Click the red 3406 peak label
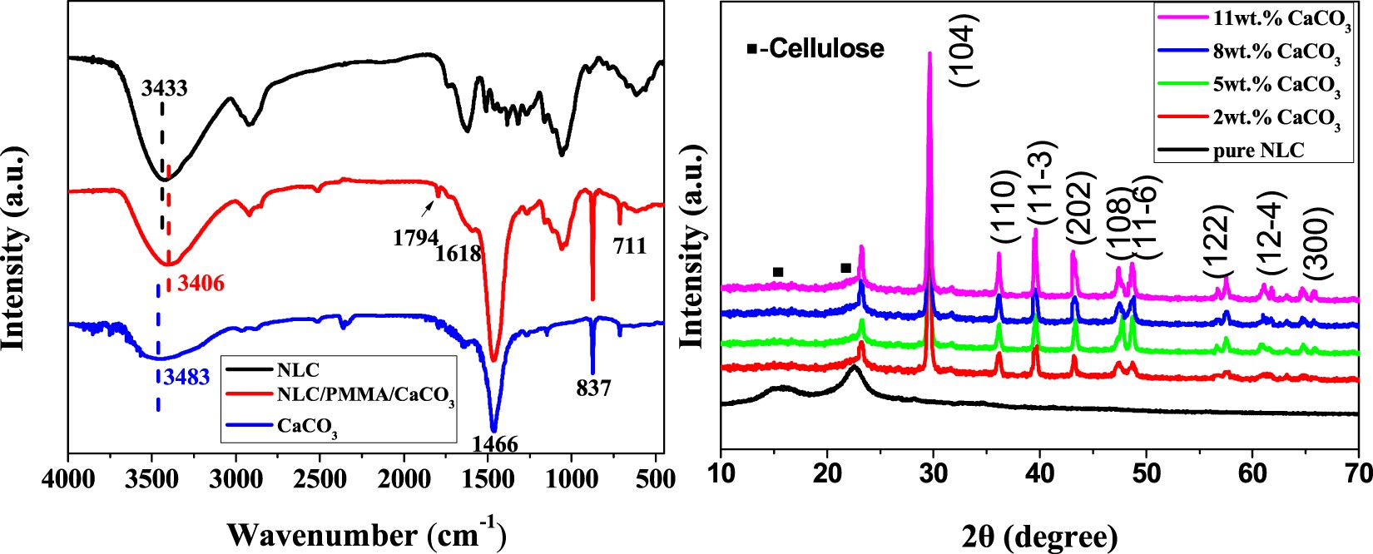201,284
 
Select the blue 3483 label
186,376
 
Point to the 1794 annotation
415,237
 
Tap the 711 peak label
629,246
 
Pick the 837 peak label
592,388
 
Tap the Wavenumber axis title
366,532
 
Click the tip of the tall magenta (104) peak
929,53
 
